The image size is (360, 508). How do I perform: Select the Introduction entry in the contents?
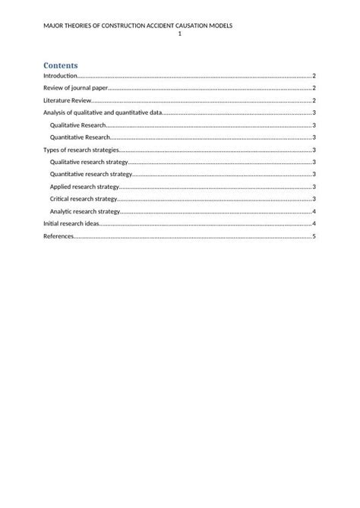point(61,76)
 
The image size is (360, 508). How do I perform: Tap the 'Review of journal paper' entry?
point(76,88)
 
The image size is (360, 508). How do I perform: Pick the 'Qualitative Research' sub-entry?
point(77,125)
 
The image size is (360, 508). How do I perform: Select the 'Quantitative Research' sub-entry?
point(80,137)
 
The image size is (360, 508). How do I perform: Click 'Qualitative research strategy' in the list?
point(88,162)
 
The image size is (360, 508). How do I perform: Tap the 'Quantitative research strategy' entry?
point(90,174)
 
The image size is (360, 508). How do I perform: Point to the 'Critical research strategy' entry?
point(84,199)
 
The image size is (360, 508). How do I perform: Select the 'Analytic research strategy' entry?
point(85,211)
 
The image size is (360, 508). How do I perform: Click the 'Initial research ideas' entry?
point(71,224)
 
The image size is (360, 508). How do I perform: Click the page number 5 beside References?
point(314,236)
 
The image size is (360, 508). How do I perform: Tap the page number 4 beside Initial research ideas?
point(314,224)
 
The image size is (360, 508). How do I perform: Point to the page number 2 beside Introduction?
point(314,76)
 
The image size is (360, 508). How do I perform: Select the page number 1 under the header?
point(179,34)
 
